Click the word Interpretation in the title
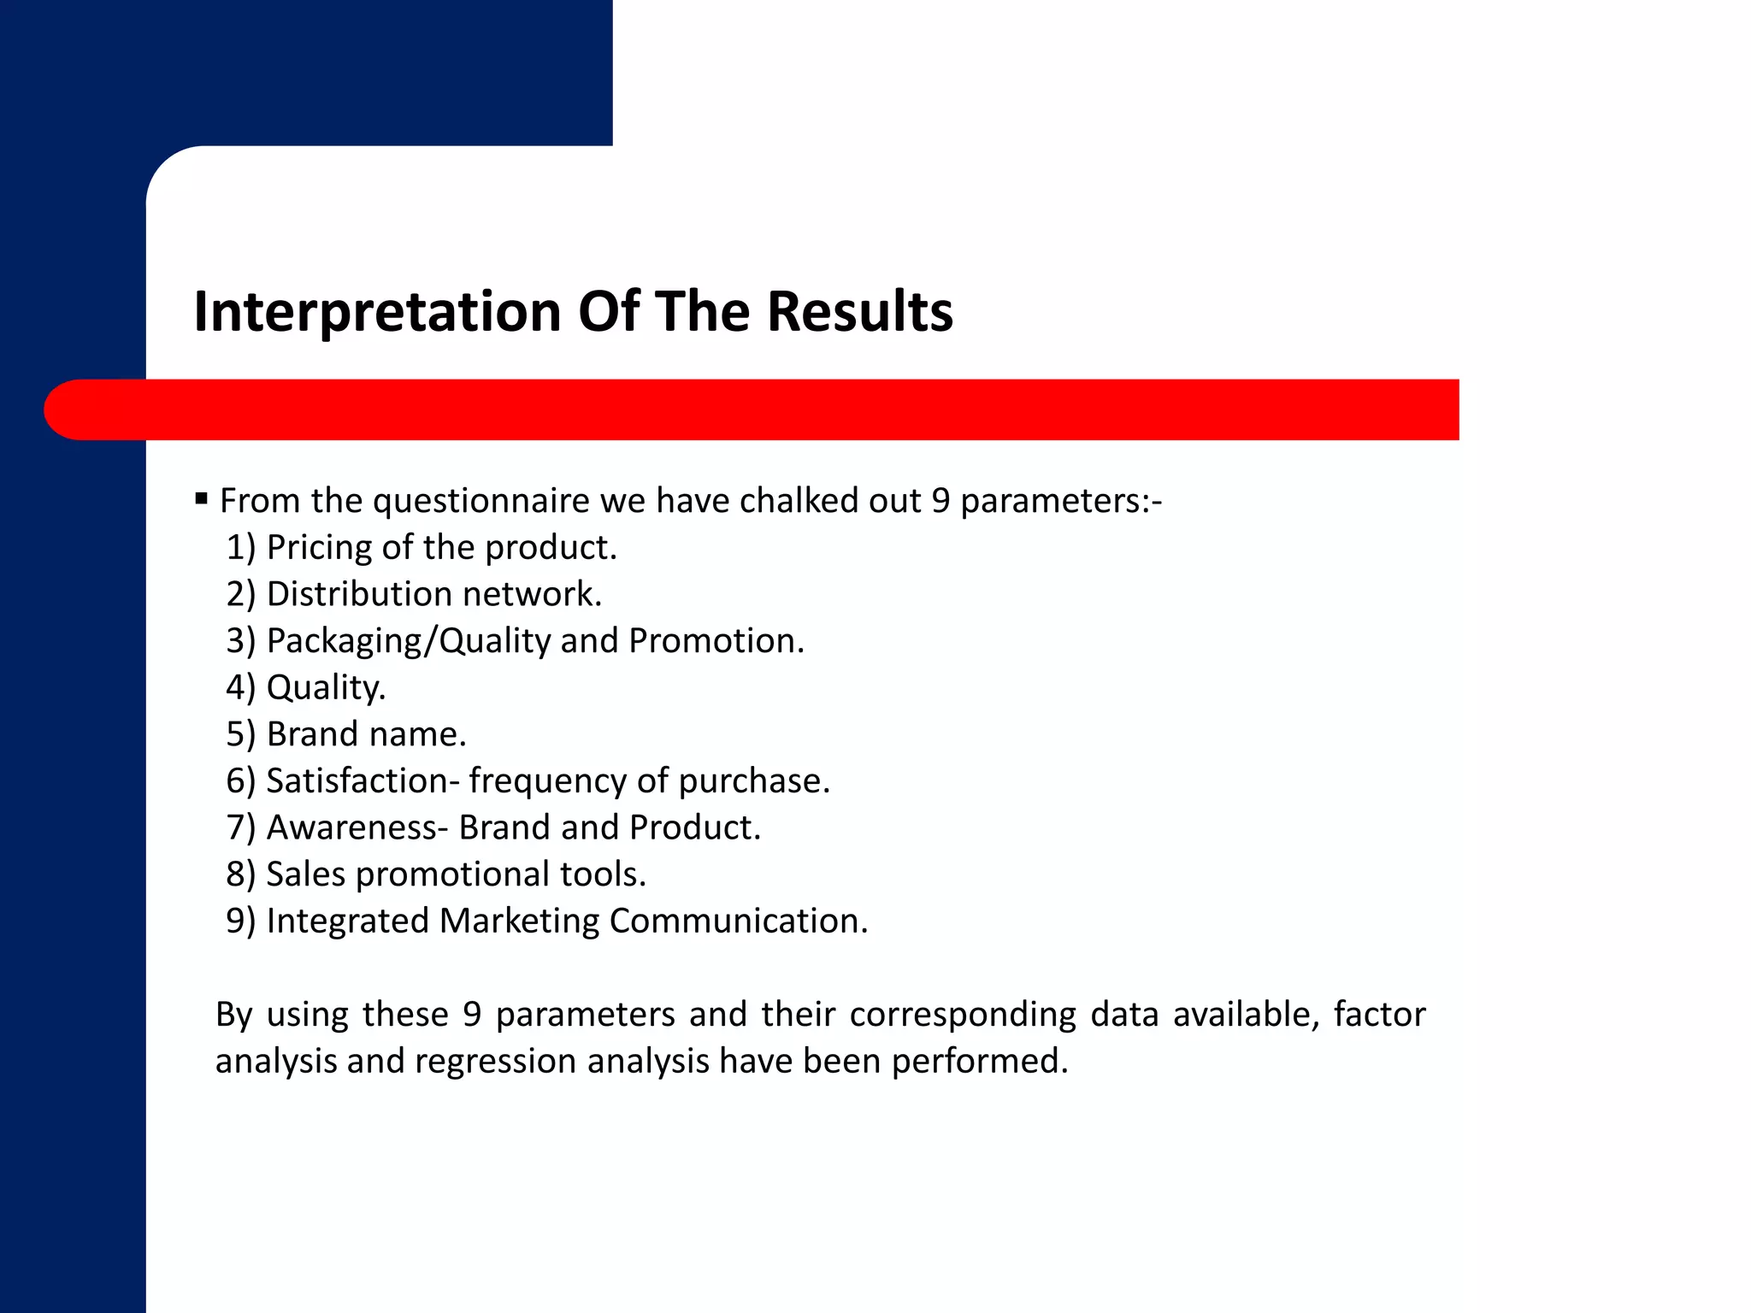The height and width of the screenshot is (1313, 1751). click(x=377, y=312)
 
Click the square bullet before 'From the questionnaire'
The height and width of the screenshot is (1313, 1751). click(x=202, y=498)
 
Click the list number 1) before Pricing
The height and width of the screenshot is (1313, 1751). click(x=240, y=548)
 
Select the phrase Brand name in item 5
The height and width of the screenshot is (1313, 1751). click(x=366, y=734)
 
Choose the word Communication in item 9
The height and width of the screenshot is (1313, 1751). click(x=737, y=921)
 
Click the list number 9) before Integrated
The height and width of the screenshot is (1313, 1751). click(x=240, y=921)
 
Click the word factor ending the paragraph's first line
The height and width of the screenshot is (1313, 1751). click(x=1379, y=1015)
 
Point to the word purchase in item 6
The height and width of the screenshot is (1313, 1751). click(x=753, y=781)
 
